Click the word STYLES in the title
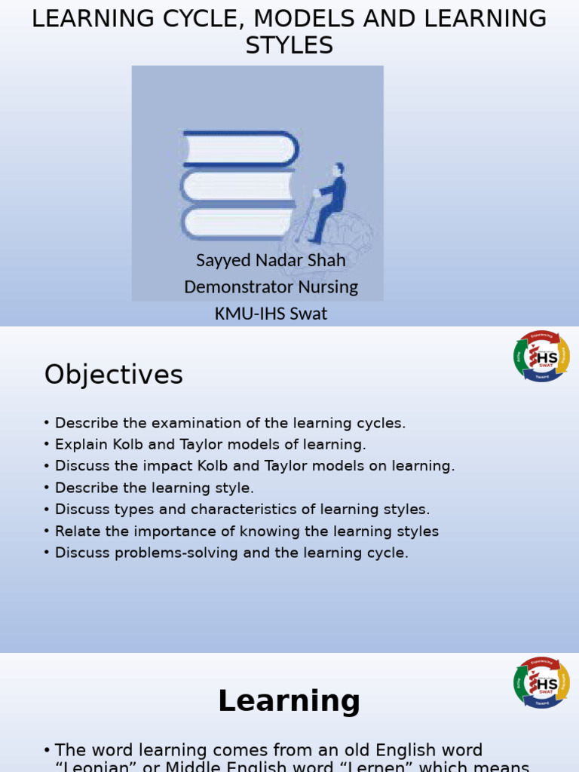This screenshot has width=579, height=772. tap(289, 45)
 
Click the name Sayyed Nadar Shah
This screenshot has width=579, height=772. tap(271, 260)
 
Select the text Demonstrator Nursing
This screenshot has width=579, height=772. tap(271, 286)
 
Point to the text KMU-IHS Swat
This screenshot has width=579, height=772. tap(271, 313)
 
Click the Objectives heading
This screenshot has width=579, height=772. tap(113, 375)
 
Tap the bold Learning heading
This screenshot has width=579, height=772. tap(289, 701)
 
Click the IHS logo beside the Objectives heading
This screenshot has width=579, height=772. tap(541, 356)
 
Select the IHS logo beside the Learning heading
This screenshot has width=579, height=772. tap(541, 682)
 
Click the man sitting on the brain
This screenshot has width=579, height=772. tap(329, 200)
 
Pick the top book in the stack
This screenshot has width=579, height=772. tap(240, 148)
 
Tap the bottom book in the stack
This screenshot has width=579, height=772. tap(237, 224)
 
